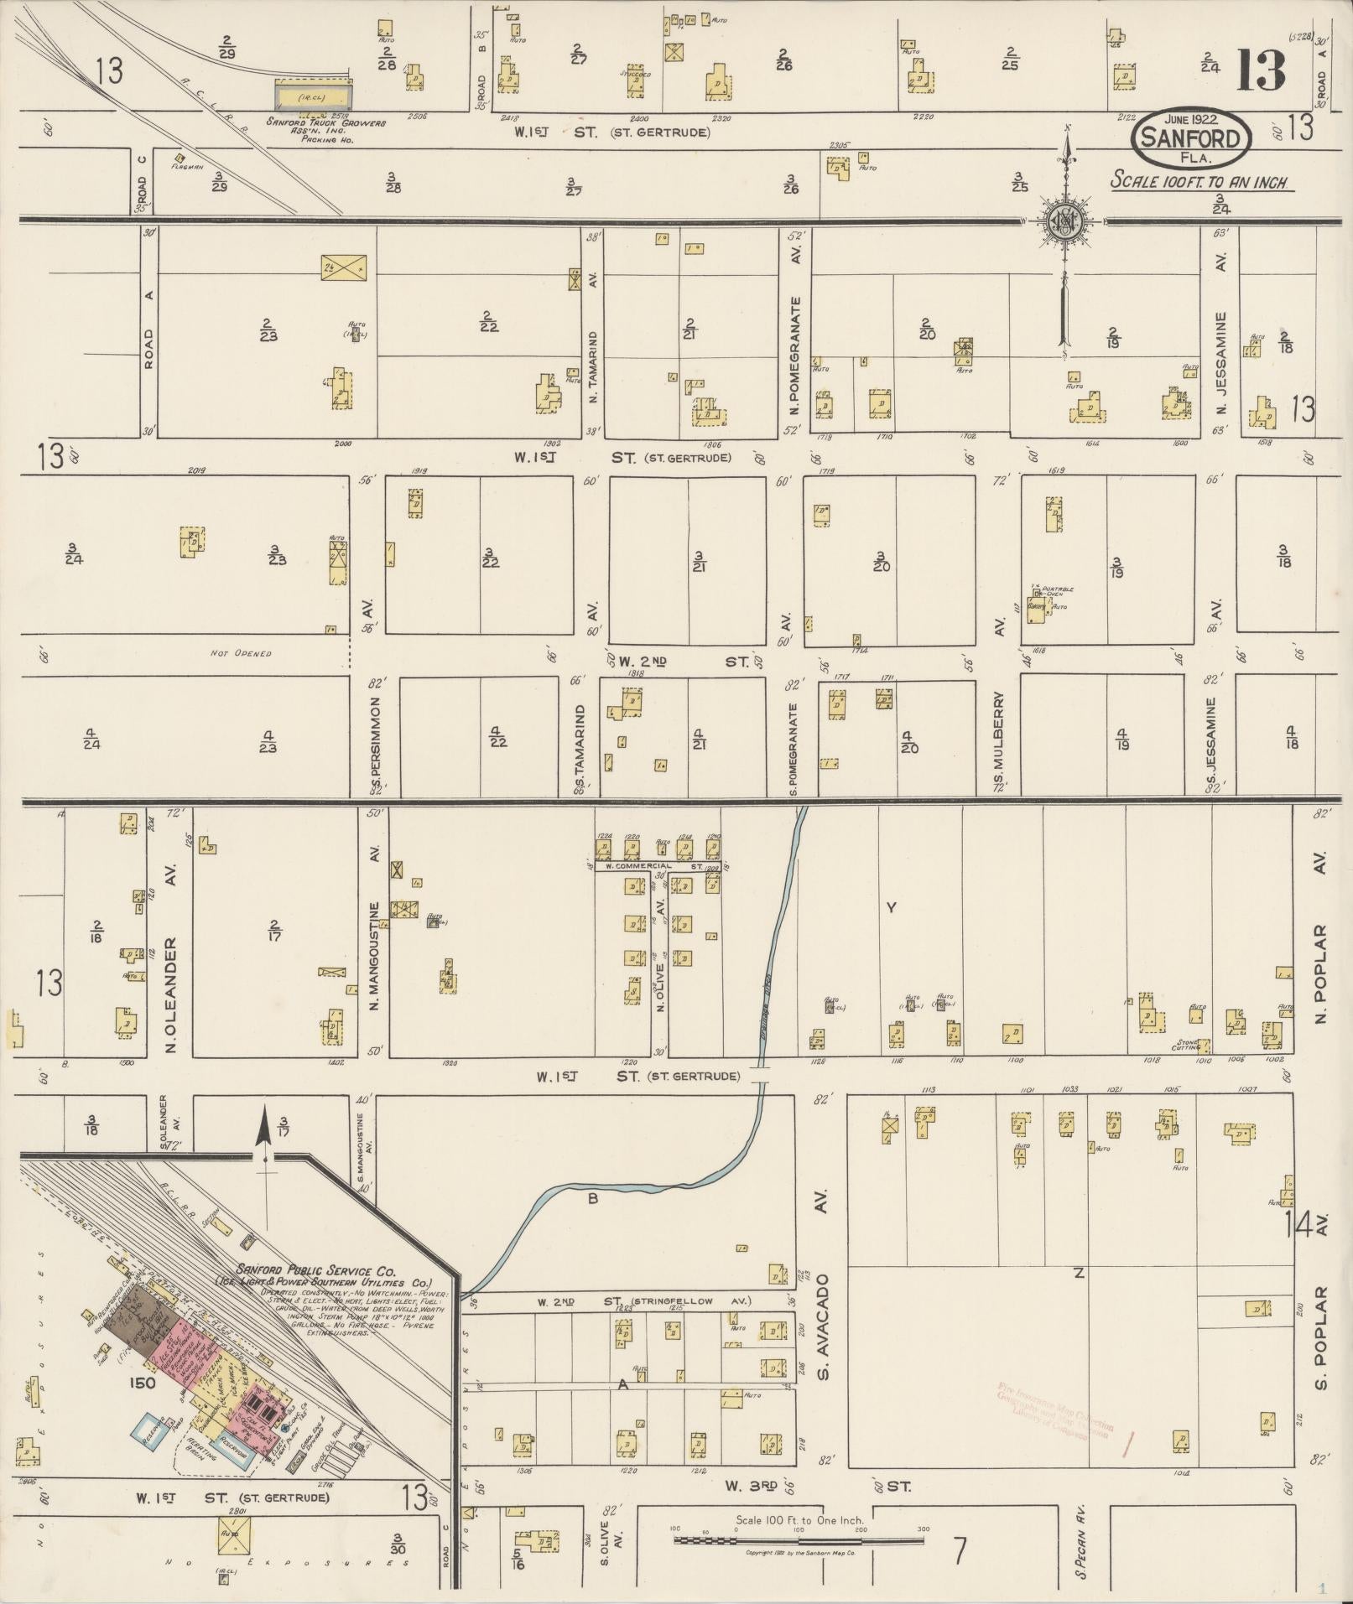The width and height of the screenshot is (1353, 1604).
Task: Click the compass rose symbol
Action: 1064,221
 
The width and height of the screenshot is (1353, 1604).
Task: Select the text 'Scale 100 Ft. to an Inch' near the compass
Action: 1199,181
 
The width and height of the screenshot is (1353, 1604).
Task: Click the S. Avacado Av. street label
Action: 823,1330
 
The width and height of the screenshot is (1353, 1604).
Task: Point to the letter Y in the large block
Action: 892,907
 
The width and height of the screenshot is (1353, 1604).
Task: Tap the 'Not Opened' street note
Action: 242,653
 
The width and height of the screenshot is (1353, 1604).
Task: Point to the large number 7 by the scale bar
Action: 960,1551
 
